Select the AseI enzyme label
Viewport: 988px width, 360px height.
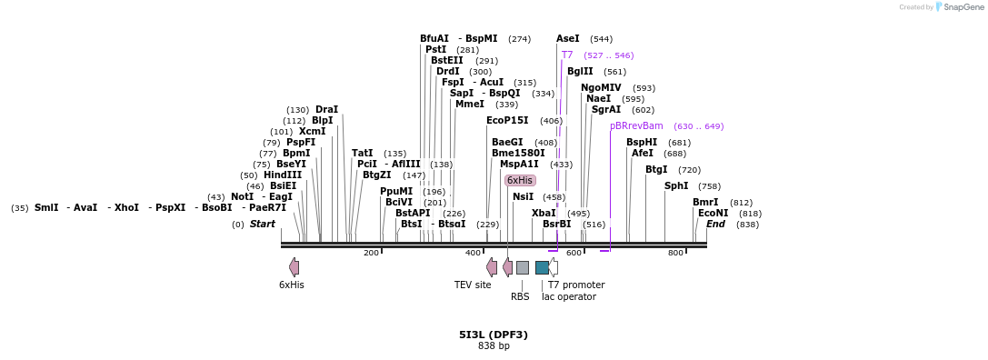[567, 39]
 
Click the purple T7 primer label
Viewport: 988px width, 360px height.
[567, 55]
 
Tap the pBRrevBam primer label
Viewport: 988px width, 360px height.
[636, 125]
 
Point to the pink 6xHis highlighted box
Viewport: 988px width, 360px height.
[520, 181]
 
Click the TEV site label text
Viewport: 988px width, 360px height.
[473, 285]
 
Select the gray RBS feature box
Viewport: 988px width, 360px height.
[523, 267]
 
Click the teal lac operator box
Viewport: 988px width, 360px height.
[542, 267]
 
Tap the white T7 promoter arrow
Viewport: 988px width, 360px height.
[554, 267]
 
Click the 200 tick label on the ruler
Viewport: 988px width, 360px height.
[371, 253]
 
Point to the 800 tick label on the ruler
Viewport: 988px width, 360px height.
[675, 253]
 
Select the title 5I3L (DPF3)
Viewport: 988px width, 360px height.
[494, 335]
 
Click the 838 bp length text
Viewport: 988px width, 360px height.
[494, 346]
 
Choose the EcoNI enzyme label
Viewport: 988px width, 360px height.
[713, 214]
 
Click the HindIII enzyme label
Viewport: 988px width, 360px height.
[283, 175]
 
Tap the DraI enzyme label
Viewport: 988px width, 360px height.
[326, 110]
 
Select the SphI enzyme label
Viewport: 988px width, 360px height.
[676, 186]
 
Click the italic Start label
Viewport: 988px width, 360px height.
[262, 225]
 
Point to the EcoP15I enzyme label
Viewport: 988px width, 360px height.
[507, 121]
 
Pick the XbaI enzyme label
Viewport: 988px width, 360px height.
[544, 214]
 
